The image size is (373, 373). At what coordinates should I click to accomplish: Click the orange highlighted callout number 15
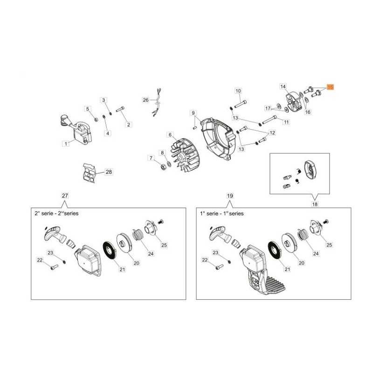tap(330, 87)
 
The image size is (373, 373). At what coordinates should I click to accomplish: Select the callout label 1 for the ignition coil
tap(66, 144)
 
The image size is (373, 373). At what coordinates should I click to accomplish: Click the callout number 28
tap(109, 172)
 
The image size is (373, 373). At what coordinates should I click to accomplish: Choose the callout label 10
tap(238, 90)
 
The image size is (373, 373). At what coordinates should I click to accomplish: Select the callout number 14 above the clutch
tap(283, 86)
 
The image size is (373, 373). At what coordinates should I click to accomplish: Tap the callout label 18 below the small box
tap(315, 204)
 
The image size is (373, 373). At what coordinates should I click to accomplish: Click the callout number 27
tap(65, 196)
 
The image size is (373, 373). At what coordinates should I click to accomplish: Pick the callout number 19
tap(230, 196)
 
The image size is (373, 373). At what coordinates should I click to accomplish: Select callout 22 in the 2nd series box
tap(40, 260)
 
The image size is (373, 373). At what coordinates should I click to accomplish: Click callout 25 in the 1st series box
tap(329, 245)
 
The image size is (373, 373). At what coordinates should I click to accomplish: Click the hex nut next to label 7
tap(163, 167)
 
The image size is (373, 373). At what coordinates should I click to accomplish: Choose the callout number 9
tap(193, 113)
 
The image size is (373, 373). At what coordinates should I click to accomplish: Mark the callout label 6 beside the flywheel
tap(170, 135)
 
